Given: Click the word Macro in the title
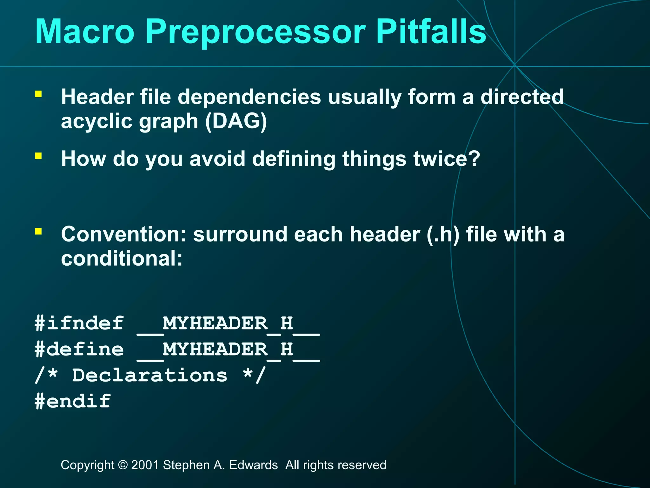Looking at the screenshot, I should [85, 32].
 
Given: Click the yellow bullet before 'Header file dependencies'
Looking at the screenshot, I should [38, 94].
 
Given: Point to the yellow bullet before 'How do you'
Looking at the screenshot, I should [38, 156].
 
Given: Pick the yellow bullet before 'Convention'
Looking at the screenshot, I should [38, 231].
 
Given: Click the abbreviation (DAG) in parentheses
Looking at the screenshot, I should [236, 121].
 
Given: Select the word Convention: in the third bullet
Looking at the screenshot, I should [124, 234].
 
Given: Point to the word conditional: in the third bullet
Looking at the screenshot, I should [122, 258].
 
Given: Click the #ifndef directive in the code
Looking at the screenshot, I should [79, 323].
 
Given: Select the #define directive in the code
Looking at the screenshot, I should [79, 349].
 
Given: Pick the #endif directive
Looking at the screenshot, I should [73, 401].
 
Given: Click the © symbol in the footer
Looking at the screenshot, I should [123, 465].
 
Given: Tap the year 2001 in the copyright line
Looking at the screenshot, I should [145, 465].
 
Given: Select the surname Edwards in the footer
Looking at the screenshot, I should [253, 465].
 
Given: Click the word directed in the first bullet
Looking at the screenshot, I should [522, 97].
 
